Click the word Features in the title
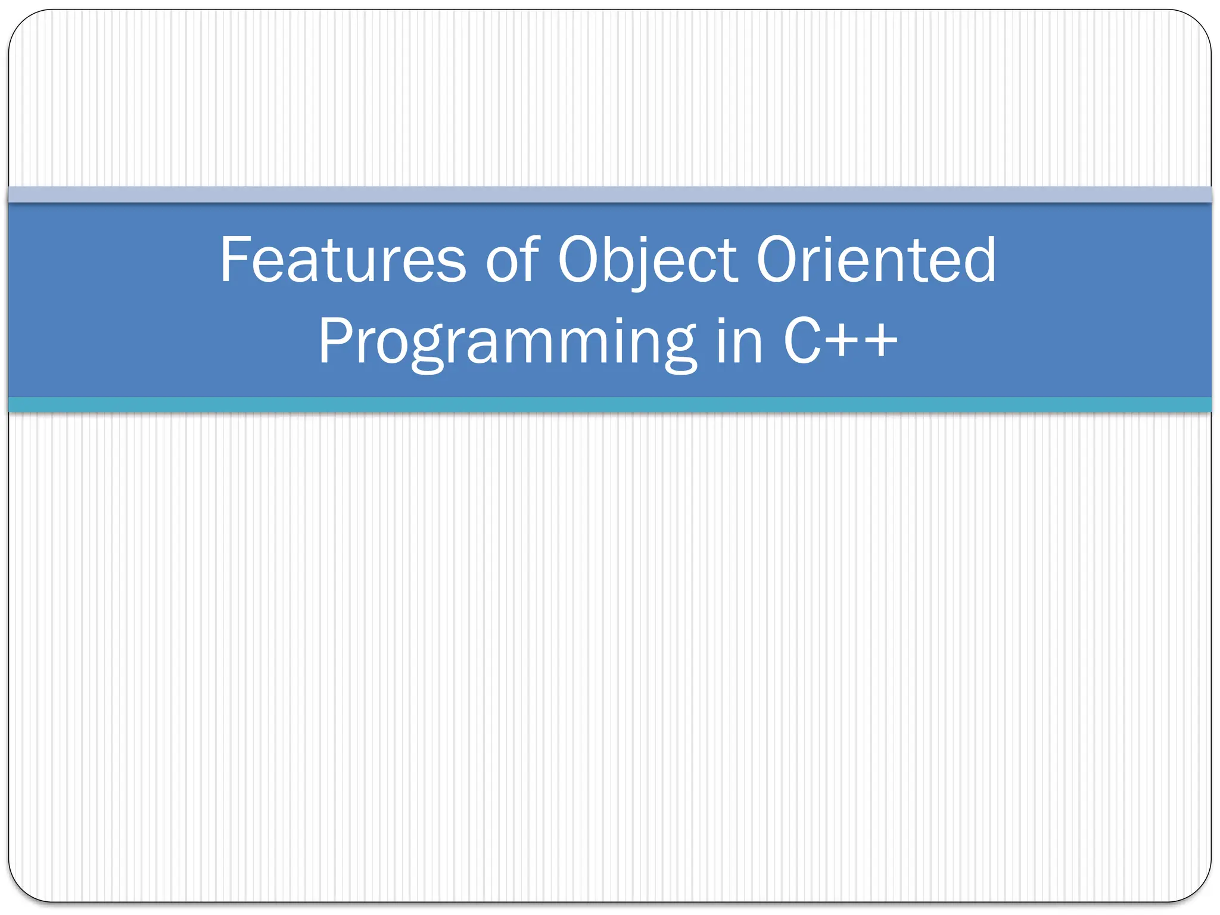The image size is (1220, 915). point(343,260)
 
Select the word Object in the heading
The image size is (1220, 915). point(648,260)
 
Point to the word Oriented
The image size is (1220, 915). point(876,260)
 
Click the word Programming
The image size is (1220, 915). point(507,342)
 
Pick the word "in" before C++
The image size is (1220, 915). point(739,342)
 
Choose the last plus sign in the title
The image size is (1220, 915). point(879,342)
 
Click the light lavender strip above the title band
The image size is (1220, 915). point(610,194)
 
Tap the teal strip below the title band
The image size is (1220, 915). point(610,404)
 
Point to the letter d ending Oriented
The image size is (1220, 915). point(981,260)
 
